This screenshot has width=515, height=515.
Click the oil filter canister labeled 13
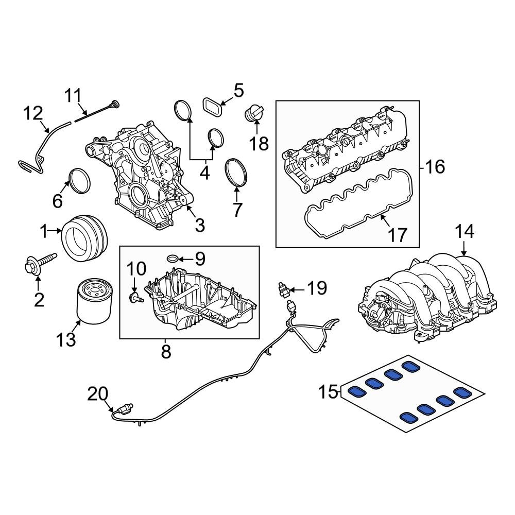[94, 301]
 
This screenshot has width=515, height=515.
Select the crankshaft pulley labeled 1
[85, 238]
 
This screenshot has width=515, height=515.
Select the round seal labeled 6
[79, 181]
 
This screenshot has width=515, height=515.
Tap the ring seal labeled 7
[236, 173]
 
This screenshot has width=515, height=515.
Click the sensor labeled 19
[284, 289]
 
